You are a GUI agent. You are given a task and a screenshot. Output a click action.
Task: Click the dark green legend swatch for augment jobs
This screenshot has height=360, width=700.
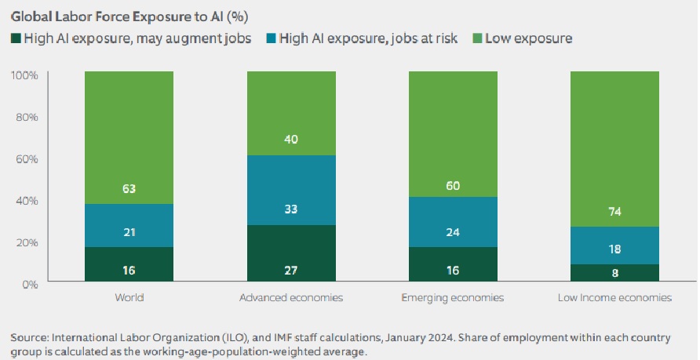[15, 38]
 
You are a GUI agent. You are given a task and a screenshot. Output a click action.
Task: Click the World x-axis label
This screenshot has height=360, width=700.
[129, 298]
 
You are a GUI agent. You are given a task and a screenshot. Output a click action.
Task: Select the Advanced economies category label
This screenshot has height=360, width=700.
[291, 298]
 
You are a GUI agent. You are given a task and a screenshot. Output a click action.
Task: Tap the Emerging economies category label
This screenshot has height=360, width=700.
[453, 298]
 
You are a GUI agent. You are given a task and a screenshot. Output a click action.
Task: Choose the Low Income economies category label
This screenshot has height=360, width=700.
[614, 298]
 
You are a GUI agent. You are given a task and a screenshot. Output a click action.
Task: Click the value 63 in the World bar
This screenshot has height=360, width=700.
[129, 188]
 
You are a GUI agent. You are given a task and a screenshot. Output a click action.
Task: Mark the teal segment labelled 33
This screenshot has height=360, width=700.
[291, 210]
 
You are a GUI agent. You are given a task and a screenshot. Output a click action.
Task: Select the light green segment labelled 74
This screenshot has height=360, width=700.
[614, 211]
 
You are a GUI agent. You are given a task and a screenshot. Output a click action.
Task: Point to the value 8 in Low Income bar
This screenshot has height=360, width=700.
[614, 274]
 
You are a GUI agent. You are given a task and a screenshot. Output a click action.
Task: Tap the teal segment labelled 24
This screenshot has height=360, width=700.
[453, 232]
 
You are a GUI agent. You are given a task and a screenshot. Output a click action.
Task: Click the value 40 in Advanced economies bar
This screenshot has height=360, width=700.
[291, 140]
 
